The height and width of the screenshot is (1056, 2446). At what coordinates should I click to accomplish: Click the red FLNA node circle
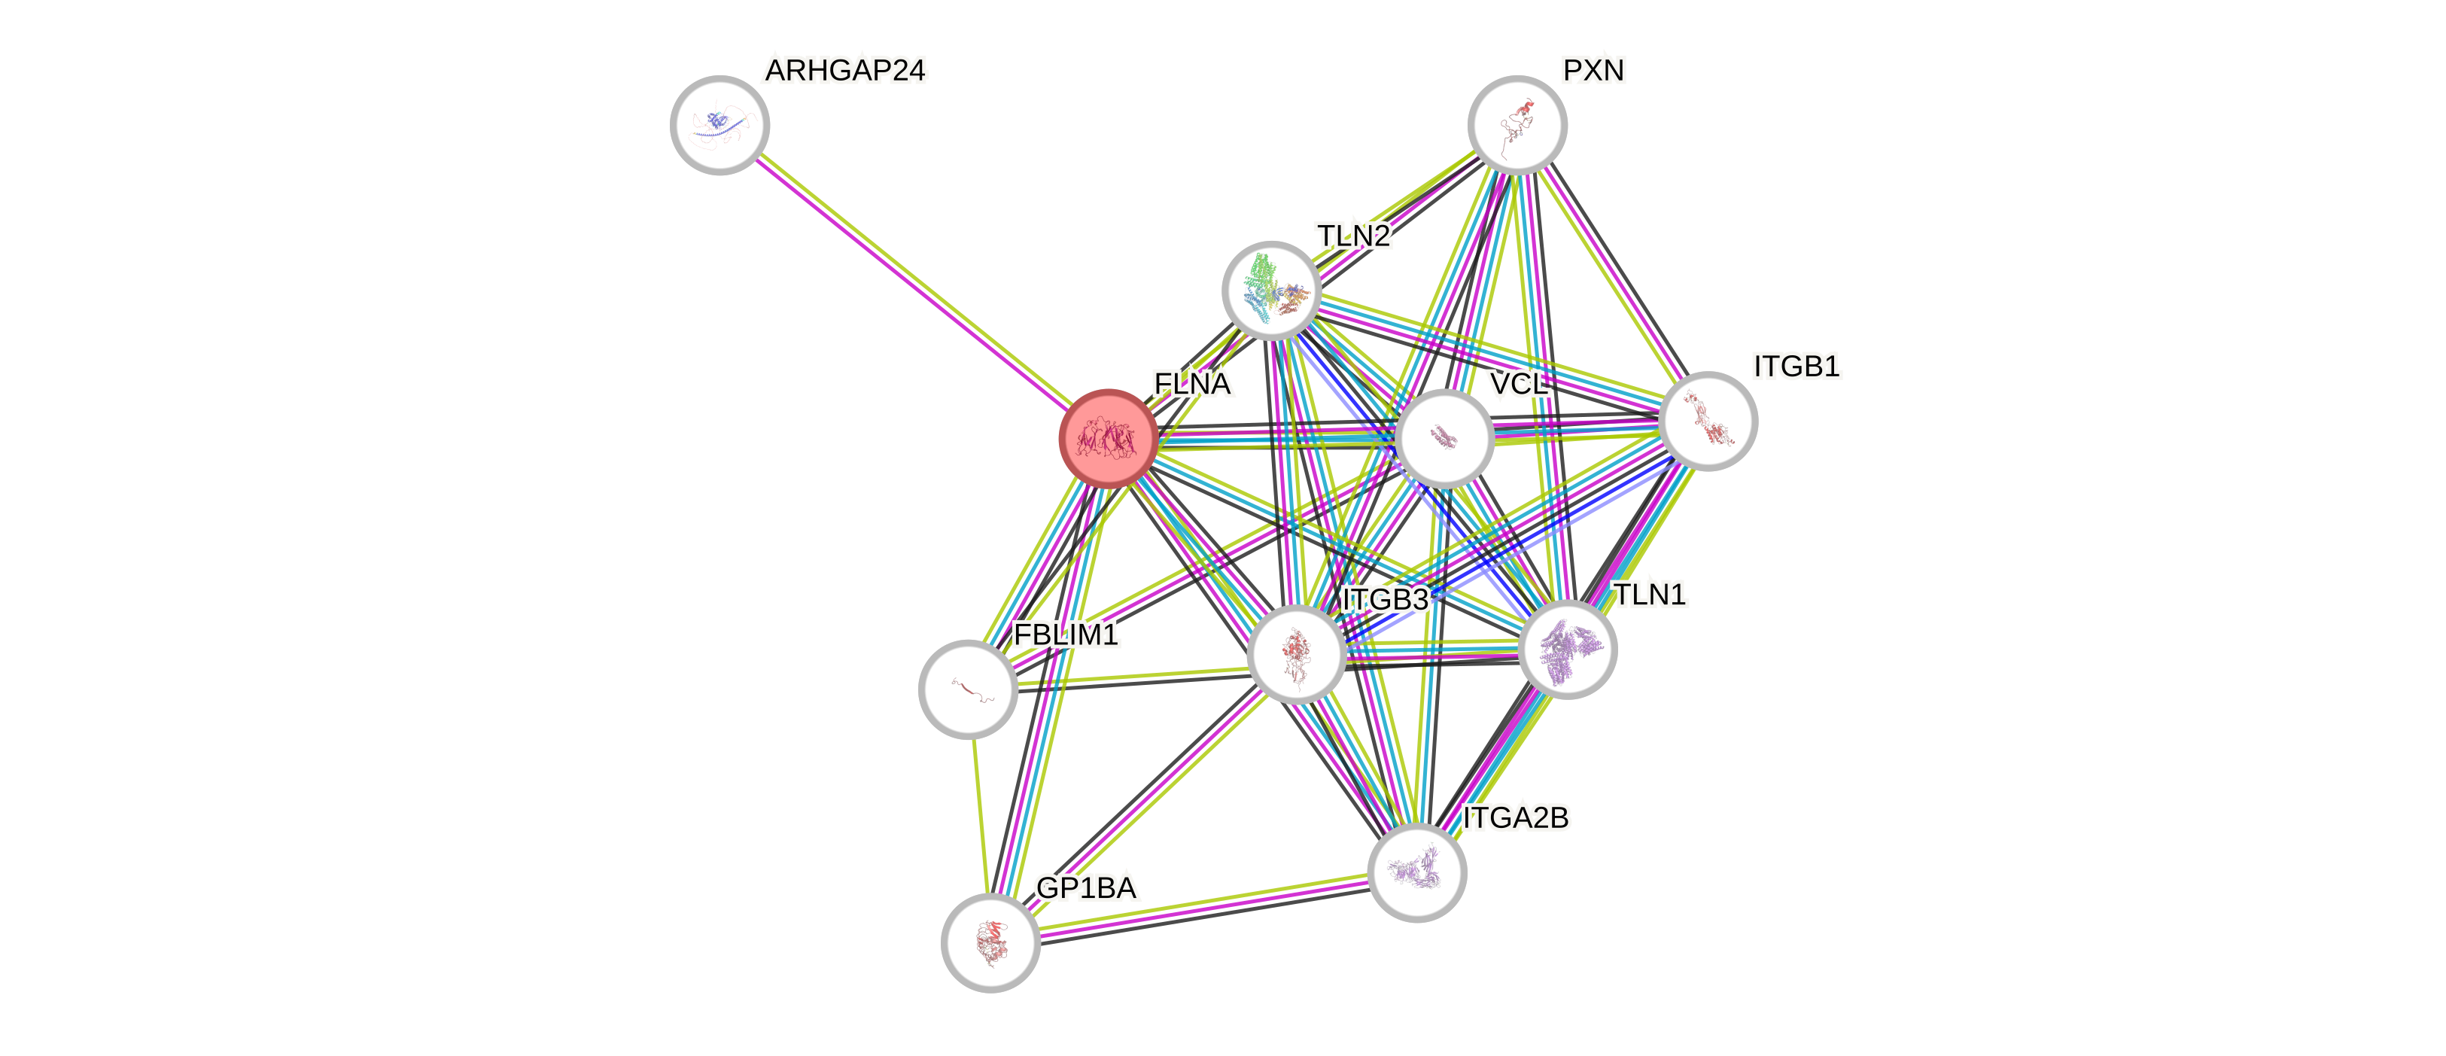pos(1107,438)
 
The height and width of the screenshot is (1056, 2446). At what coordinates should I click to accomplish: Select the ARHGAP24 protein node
pos(720,124)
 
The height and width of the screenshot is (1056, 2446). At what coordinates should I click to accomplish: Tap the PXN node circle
pos(1517,124)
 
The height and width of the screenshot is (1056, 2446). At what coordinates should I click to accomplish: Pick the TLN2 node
pos(1270,290)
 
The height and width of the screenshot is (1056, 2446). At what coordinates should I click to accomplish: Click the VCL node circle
pos(1444,438)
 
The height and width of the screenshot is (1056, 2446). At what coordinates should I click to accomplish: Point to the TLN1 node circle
pos(1567,650)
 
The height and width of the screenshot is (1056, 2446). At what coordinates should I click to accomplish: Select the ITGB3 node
pos(1296,653)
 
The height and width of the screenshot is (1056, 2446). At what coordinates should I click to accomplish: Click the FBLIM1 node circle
pos(968,689)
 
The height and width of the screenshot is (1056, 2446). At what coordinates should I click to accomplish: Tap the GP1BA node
pos(990,942)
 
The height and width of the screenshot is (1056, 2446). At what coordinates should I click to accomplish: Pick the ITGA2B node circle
pos(1416,872)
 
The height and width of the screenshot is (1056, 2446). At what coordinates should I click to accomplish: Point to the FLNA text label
pos(1193,384)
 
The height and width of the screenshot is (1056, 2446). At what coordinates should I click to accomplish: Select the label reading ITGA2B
pos(1516,817)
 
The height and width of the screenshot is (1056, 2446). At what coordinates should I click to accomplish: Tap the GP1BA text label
pos(1085,888)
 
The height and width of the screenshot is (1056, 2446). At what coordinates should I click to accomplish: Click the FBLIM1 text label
pos(1066,635)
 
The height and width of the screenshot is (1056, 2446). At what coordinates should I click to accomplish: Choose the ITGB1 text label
pos(1796,367)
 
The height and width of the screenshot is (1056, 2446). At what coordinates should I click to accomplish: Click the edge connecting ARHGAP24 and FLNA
pos(911,280)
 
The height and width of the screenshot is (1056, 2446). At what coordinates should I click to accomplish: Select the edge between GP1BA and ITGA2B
pos(1203,908)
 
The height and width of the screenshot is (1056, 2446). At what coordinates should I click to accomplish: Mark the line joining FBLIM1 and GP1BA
pos(980,817)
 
